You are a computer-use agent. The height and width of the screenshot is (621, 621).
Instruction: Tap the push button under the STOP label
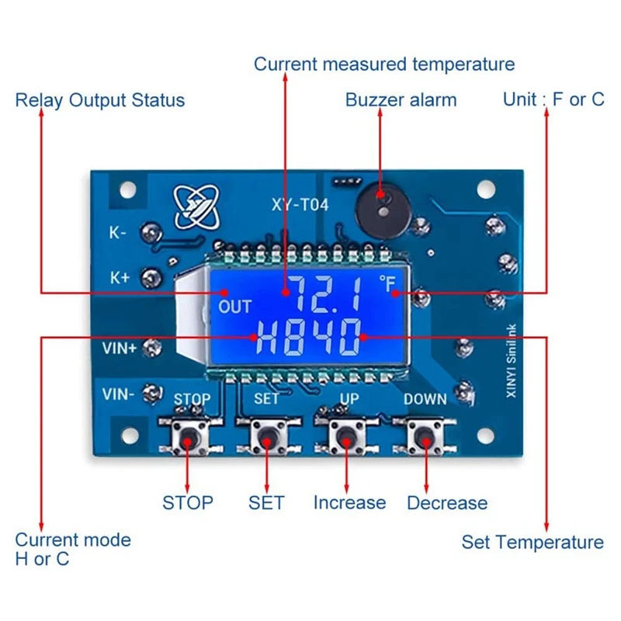[x=188, y=439]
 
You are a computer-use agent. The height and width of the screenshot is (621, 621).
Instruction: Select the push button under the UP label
[x=344, y=439]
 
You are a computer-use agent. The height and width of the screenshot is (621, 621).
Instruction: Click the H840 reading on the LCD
[x=310, y=338]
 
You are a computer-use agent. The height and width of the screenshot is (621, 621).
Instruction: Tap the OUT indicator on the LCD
[x=234, y=307]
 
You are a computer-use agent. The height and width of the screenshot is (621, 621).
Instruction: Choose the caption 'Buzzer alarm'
[x=401, y=100]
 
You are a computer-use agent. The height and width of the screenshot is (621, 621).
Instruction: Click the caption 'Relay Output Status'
[x=100, y=100]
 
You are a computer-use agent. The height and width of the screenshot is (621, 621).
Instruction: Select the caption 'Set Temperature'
[x=532, y=542]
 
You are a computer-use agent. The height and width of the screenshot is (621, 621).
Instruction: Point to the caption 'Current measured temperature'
[x=384, y=64]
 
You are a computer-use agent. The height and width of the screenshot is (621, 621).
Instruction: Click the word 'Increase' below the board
[x=349, y=502]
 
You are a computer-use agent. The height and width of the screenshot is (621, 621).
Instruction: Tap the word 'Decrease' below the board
[x=447, y=503]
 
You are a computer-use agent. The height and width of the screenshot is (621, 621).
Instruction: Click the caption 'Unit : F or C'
[x=553, y=99]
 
